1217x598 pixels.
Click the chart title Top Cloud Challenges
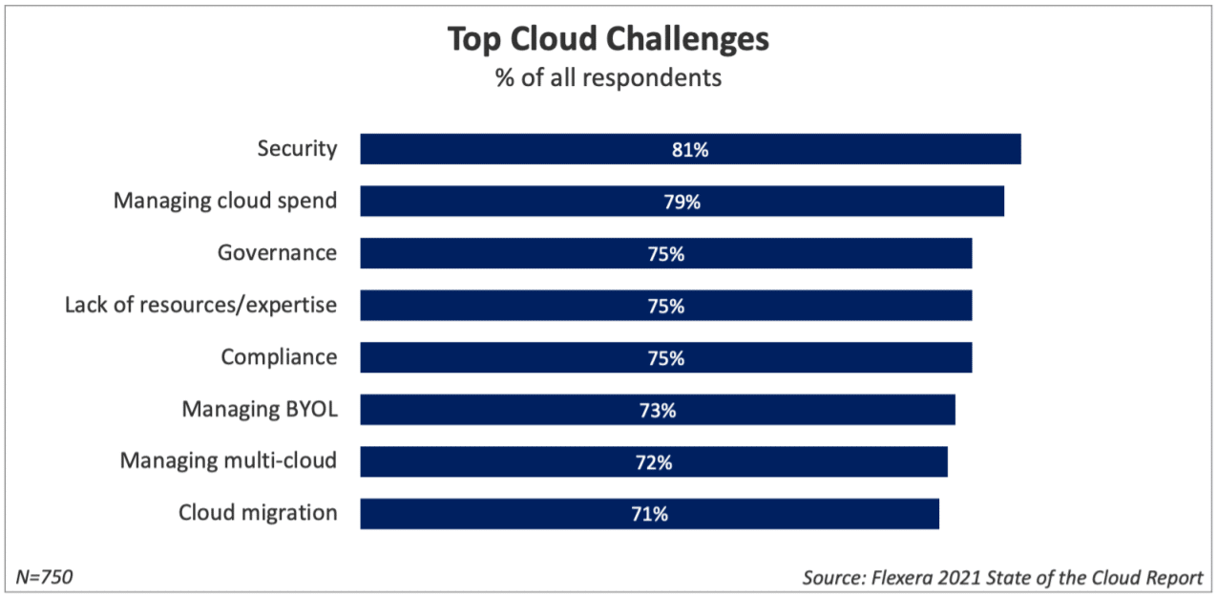tap(608, 40)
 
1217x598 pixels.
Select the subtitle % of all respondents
tap(608, 78)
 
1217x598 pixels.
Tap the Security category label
tap(297, 149)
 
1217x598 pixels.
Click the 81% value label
tap(690, 150)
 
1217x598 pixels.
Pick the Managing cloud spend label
tap(225, 201)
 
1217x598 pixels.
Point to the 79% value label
tap(682, 202)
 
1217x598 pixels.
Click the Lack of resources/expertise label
tap(200, 305)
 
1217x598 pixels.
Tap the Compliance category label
tap(279, 357)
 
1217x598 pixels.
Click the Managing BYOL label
tap(260, 410)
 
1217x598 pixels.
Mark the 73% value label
tap(658, 411)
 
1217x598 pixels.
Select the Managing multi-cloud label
tap(228, 460)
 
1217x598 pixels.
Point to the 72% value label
tap(654, 462)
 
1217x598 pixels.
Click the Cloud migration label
tap(258, 513)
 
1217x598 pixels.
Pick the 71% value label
tap(649, 514)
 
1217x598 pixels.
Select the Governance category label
tap(277, 253)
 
